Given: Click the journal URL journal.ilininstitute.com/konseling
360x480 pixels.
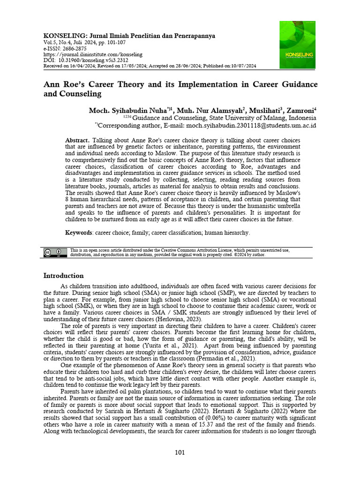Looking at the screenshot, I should point(93,54).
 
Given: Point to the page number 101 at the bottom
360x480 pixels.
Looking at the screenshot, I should point(180,452).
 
